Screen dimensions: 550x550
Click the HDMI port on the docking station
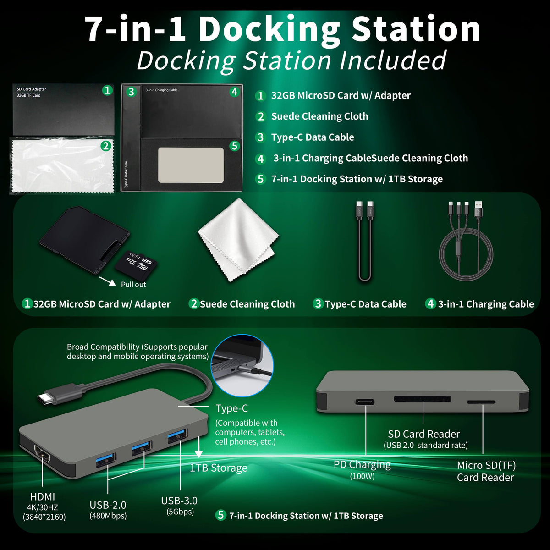(x=42, y=454)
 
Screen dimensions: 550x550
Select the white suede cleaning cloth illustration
(x=238, y=239)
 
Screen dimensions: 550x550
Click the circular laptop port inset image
(x=242, y=365)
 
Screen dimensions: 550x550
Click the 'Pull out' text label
(x=133, y=285)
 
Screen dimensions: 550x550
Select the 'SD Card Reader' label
(x=424, y=434)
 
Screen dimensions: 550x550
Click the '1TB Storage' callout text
(x=219, y=467)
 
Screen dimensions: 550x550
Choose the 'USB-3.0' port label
(x=179, y=500)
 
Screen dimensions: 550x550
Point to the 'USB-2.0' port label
(x=108, y=505)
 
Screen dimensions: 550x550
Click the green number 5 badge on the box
(x=234, y=146)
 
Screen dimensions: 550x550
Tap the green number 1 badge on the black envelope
(x=107, y=90)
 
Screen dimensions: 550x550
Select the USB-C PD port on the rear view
(x=365, y=402)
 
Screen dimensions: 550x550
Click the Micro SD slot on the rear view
(x=481, y=402)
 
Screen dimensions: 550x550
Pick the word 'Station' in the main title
(x=416, y=29)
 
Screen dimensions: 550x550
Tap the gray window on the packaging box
(x=191, y=165)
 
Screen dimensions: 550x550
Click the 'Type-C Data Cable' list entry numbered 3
(x=313, y=137)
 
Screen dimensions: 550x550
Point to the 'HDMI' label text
(x=43, y=497)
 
